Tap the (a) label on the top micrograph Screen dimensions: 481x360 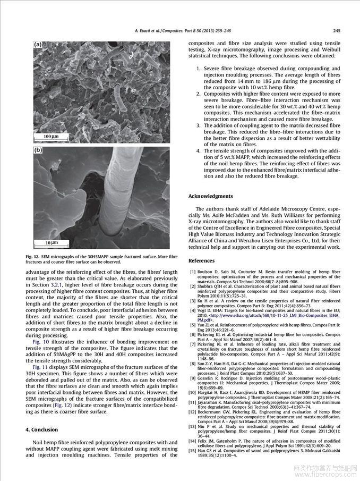(38, 45)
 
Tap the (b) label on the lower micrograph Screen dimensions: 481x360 (38, 150)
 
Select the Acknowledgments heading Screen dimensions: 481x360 (210, 196)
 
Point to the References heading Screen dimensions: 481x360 (201, 260)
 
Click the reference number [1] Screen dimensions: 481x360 (192, 272)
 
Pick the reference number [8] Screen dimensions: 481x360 (192, 363)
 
